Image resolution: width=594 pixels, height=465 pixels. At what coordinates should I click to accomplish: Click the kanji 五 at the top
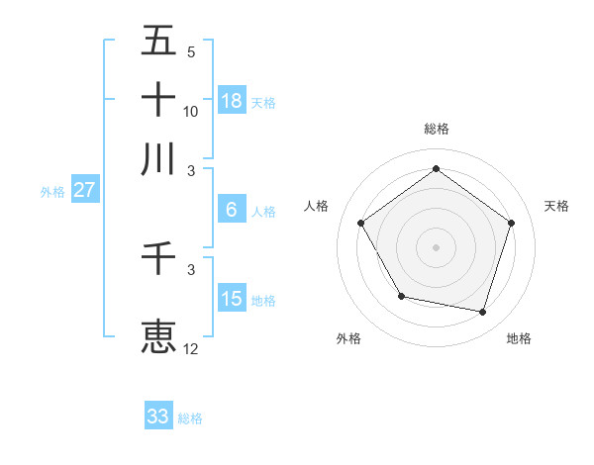coord(158,43)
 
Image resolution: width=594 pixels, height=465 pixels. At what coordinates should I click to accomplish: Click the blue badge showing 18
coord(232,100)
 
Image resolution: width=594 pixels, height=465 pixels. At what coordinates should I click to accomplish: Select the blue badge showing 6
coord(232,210)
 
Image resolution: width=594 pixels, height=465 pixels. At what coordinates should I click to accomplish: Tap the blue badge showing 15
coord(232,299)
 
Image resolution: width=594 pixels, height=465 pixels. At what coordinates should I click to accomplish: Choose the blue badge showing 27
coord(84,190)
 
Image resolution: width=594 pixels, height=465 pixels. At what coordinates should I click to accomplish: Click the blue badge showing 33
coord(158,417)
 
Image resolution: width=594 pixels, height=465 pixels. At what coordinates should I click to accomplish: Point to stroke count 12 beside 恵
coord(191,348)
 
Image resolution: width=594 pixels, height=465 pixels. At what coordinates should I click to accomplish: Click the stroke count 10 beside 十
coord(191,111)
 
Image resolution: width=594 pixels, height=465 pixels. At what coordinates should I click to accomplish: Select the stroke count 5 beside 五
coord(191,52)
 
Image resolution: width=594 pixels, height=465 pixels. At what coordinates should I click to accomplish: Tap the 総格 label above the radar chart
coord(437,129)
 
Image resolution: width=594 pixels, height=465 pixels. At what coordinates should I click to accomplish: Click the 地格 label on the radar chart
coord(519,339)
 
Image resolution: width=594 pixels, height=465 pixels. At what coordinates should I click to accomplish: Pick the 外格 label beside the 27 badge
coord(51,192)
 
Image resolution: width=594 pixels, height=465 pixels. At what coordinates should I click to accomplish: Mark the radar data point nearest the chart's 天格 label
coord(511,223)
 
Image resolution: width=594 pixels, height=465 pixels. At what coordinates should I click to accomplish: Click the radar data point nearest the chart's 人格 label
coord(361,223)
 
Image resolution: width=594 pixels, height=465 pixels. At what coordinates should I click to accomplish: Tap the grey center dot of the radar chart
coord(437,246)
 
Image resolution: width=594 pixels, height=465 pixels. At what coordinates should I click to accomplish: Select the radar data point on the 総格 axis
coord(437,169)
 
